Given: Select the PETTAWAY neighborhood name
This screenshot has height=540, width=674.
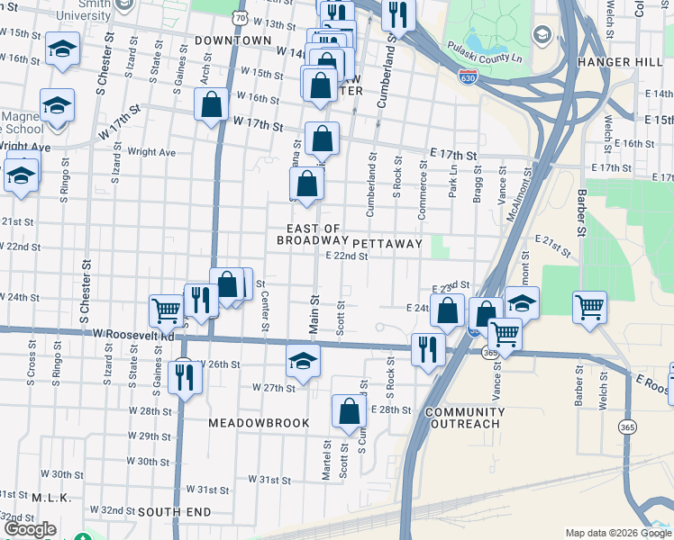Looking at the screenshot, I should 387,244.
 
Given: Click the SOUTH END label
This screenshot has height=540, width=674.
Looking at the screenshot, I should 175,512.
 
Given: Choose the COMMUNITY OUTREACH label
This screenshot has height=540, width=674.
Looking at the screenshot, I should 462,418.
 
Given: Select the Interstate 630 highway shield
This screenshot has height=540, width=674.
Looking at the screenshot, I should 467,78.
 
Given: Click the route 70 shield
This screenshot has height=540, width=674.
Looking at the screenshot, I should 238,17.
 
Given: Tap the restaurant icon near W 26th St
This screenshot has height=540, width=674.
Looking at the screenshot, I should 186,377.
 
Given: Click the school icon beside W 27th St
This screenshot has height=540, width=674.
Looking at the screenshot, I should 304,361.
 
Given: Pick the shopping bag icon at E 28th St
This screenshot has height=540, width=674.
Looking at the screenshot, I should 349,411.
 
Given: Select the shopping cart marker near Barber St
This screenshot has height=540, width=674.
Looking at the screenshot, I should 589,306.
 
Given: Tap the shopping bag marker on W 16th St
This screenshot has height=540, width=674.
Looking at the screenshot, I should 211,103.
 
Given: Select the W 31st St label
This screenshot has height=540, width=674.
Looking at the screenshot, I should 270,480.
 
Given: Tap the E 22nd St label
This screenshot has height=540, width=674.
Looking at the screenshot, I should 347,256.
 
